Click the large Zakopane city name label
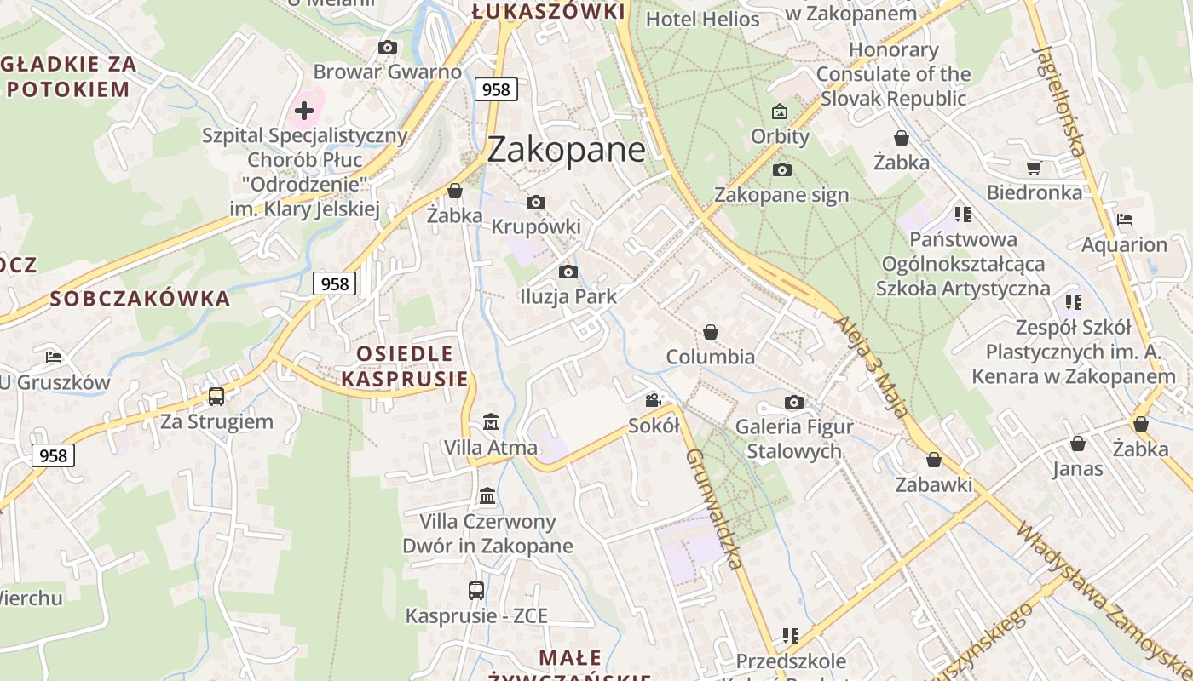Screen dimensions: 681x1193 pyautogui.click(x=566, y=150)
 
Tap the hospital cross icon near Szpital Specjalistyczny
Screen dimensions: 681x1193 pyautogui.click(x=304, y=110)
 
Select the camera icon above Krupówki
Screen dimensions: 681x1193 pyautogui.click(x=535, y=202)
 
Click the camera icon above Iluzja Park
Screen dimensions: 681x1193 pyautogui.click(x=568, y=272)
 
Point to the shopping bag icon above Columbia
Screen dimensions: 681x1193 pyautogui.click(x=710, y=332)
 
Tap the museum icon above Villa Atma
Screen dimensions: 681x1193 pyautogui.click(x=491, y=421)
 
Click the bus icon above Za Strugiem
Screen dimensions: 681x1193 pyautogui.click(x=216, y=396)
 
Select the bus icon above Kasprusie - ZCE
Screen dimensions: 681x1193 pyautogui.click(x=476, y=590)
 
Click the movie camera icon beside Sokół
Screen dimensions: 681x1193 pyautogui.click(x=654, y=400)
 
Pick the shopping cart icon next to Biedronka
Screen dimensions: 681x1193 pyautogui.click(x=1034, y=168)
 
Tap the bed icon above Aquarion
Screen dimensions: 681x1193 pyautogui.click(x=1125, y=220)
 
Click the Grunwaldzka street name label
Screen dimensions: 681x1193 pyautogui.click(x=714, y=508)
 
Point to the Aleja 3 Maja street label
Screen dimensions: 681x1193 pyautogui.click(x=871, y=367)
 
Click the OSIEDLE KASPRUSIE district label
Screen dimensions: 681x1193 pyautogui.click(x=405, y=366)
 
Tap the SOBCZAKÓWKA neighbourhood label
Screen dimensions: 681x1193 pyautogui.click(x=140, y=299)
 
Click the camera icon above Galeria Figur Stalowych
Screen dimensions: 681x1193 pyautogui.click(x=793, y=402)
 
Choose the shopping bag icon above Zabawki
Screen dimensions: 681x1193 pyautogui.click(x=933, y=460)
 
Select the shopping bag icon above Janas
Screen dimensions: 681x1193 pyautogui.click(x=1077, y=444)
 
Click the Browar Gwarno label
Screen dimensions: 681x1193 pyautogui.click(x=387, y=72)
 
